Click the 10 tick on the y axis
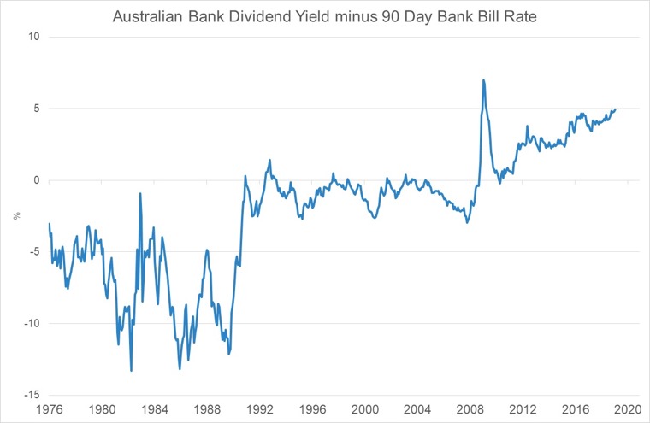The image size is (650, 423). coord(34,38)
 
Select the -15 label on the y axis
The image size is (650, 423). coord(32,395)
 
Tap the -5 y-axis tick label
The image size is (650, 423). coord(34,252)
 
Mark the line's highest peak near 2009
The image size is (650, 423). coord(484,80)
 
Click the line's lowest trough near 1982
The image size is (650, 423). coord(131,370)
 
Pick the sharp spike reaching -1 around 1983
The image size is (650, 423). coord(140,194)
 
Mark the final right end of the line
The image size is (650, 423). coord(616,109)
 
